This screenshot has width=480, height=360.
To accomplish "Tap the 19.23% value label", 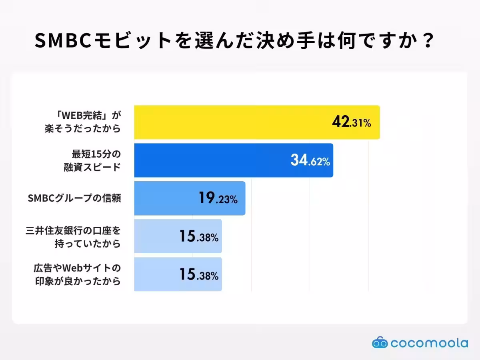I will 218,199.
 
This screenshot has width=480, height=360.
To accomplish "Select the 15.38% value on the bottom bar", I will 198,275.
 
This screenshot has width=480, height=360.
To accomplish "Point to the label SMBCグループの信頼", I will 74,198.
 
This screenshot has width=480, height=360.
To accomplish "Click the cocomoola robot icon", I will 380,343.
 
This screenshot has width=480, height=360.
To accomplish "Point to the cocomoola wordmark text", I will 429,343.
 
